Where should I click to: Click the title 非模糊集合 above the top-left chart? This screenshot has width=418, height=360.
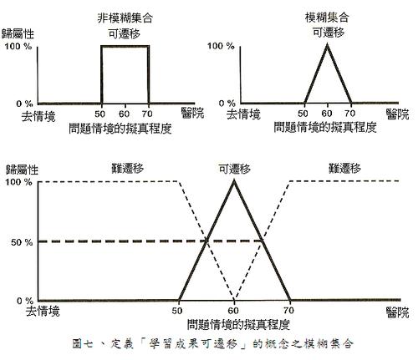tap(125, 18)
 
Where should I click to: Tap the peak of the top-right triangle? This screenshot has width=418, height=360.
tap(328, 44)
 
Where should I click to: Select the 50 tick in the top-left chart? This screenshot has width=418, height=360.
tap(99, 114)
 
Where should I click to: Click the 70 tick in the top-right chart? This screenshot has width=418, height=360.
tap(349, 114)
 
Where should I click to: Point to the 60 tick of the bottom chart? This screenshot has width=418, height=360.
tap(233, 310)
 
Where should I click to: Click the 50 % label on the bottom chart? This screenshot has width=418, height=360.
tap(22, 242)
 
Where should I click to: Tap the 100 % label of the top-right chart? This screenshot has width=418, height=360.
tap(221, 46)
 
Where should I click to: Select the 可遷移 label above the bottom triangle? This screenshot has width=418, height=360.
tap(235, 169)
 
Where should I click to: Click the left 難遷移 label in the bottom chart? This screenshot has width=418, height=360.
tap(128, 168)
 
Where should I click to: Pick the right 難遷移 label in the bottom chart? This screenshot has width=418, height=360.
tap(344, 168)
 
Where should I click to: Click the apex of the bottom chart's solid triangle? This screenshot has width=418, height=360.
tap(234, 180)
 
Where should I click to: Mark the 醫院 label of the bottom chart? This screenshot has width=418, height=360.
tap(398, 312)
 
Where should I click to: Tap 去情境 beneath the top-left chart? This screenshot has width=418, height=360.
tap(38, 116)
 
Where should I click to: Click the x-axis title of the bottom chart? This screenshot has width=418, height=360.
tap(238, 324)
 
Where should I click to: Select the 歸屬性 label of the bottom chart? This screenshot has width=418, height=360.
tap(22, 170)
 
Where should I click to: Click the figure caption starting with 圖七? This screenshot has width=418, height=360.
tap(212, 343)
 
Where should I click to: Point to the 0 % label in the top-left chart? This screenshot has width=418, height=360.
tap(24, 104)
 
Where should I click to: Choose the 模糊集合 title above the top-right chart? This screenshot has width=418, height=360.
tap(327, 18)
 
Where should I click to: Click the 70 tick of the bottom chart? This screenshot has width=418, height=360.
tap(288, 310)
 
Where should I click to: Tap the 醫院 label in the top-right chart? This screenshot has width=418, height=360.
tap(398, 114)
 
